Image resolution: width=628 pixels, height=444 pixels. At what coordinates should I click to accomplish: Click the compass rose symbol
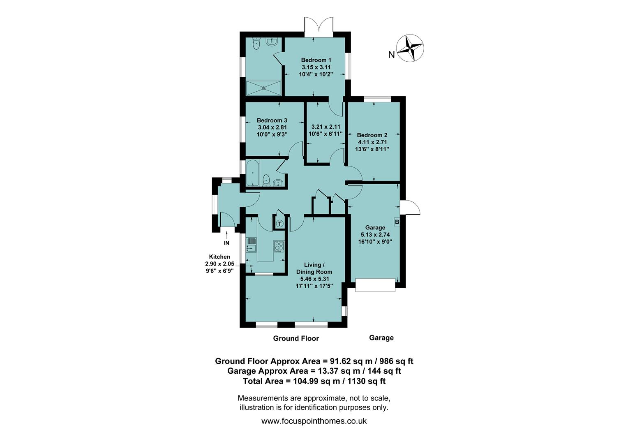point(410,48)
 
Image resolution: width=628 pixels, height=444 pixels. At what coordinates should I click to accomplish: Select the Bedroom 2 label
point(372,135)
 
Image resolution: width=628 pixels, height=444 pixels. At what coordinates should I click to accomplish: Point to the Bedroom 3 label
point(272,120)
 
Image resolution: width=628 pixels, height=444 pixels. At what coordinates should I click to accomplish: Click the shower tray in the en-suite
point(263,87)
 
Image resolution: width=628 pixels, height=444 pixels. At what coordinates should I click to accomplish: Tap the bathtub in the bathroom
point(252,173)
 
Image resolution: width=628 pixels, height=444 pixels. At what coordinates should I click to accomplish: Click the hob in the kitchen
point(279,246)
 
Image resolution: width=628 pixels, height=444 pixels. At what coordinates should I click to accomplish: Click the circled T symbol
point(279,224)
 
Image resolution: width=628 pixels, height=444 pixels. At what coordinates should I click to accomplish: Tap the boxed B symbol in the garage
point(397,222)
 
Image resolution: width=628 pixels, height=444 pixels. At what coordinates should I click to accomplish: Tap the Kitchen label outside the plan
point(219,257)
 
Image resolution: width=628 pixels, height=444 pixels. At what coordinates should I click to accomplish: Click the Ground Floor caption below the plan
point(296,338)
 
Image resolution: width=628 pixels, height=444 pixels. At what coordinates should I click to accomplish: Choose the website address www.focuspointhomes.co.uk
point(314,421)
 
